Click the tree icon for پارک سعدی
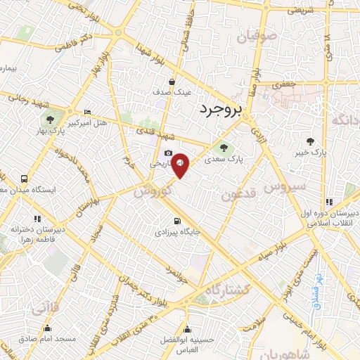(224, 148)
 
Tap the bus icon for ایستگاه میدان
(25, 179)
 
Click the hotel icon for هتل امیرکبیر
(87, 112)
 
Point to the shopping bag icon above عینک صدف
(172, 81)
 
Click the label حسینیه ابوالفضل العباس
(188, 340)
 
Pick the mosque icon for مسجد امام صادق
(48, 328)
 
